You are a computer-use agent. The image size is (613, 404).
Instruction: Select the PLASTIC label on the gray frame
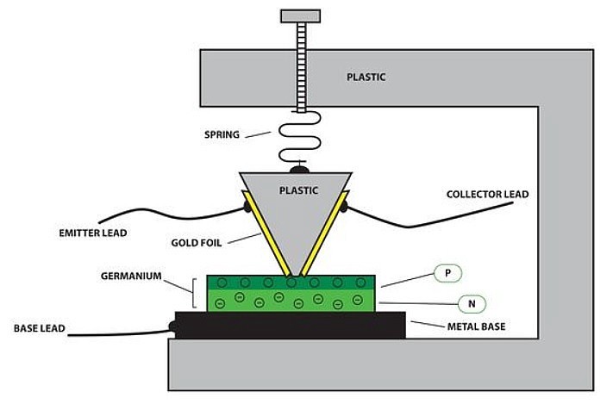(366, 77)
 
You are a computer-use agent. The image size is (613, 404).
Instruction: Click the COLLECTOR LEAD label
(487, 194)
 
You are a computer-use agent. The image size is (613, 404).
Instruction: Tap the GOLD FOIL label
(199, 243)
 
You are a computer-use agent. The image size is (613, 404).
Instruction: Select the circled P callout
(447, 274)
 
